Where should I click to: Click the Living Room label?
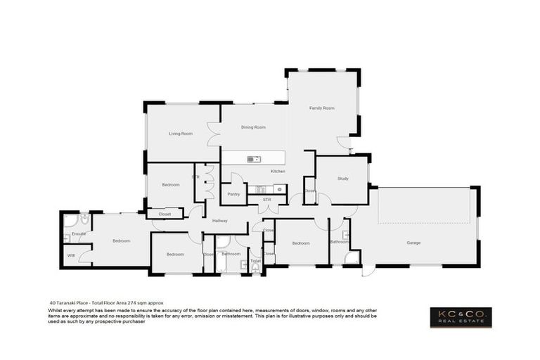(181, 133)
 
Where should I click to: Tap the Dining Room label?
(253, 127)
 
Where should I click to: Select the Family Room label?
(321, 108)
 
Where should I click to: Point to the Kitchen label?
(278, 172)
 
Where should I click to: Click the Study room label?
(342, 179)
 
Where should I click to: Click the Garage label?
(413, 243)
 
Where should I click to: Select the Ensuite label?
(79, 233)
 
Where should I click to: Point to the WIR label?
(72, 255)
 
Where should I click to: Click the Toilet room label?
(255, 261)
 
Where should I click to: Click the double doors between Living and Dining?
(212, 134)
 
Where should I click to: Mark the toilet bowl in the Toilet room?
(255, 267)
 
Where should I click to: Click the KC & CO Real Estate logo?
(461, 317)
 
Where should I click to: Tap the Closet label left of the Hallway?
(165, 214)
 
